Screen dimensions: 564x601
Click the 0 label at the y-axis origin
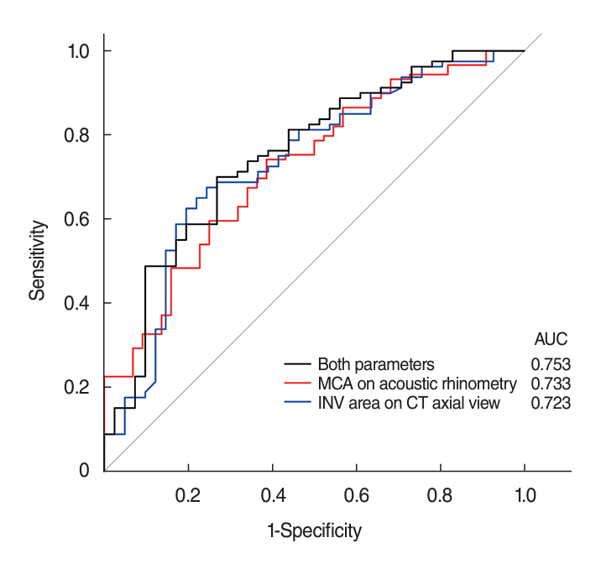86,471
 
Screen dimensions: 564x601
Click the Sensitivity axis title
37,260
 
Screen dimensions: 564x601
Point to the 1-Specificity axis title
313,531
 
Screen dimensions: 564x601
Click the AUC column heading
551,340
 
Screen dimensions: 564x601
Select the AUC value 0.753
551,365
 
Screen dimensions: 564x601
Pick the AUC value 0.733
551,384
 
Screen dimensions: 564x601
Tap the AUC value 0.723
551,404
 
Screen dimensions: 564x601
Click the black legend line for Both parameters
297,365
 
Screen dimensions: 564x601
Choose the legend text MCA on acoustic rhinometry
417,384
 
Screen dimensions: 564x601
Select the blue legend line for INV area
297,404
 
